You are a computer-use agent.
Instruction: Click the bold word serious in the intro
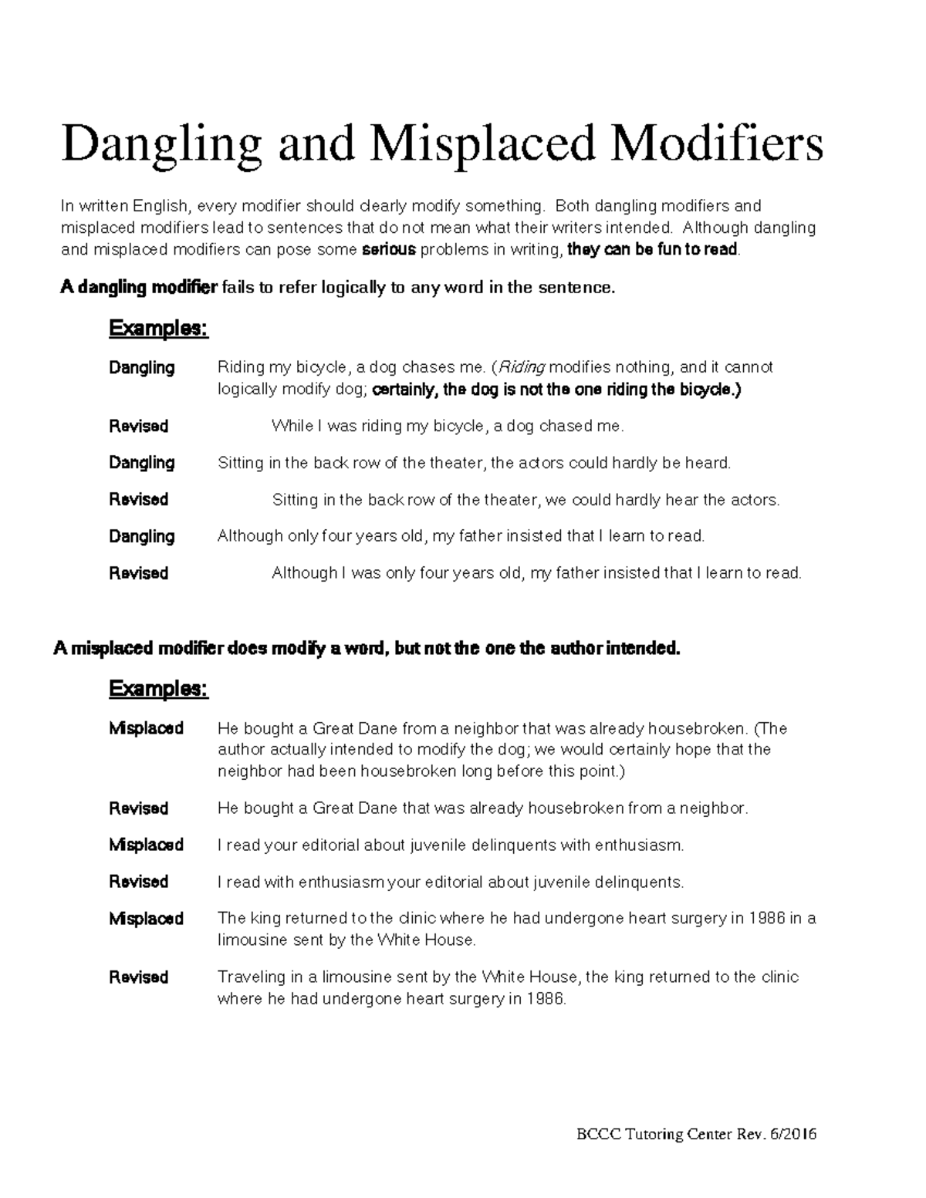pos(389,250)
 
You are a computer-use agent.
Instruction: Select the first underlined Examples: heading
pos(158,329)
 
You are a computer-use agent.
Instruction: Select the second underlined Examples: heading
pos(158,688)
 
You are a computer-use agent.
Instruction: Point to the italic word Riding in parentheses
pos(525,367)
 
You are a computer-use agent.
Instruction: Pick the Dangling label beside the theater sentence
pos(142,463)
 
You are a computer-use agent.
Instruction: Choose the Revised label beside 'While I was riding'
pos(139,426)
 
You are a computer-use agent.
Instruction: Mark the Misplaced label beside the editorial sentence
pos(146,845)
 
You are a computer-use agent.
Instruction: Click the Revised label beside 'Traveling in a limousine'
pos(139,977)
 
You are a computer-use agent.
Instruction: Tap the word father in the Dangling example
pos(477,536)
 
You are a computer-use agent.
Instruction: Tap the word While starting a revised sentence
pos(292,426)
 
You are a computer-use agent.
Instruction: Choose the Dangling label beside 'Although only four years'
pos(142,536)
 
